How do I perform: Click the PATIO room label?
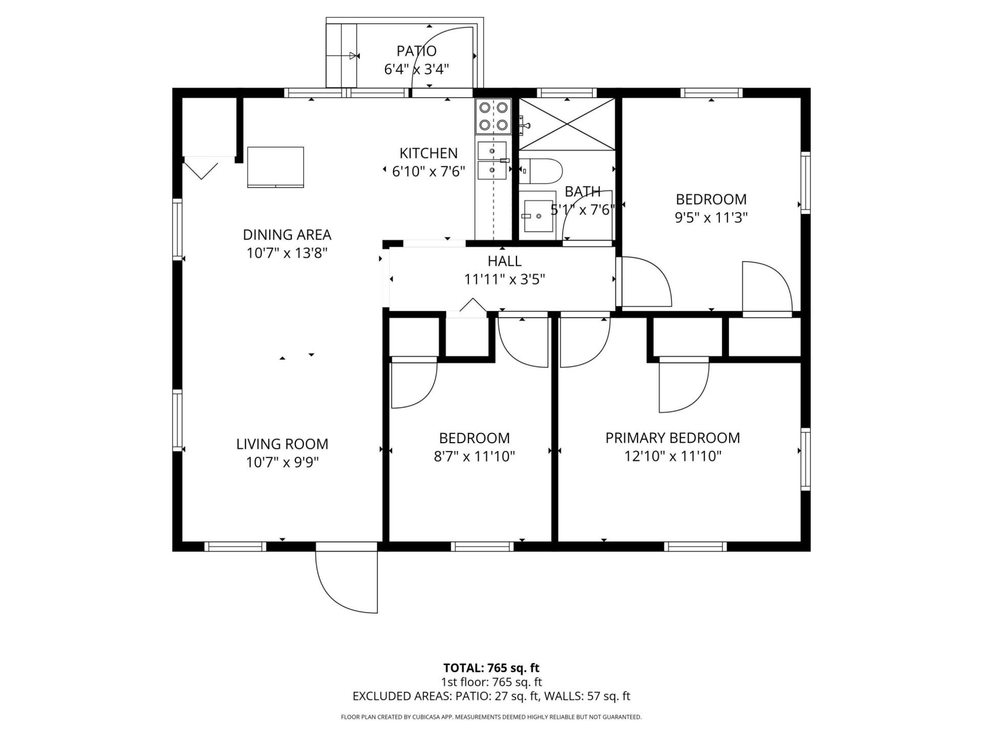416,51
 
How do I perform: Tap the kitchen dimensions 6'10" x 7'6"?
429,171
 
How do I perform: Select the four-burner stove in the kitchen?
494,116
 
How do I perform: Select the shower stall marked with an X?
567,124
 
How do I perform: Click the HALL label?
504,261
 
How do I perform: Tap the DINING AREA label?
287,235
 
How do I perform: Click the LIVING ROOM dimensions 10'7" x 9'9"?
282,463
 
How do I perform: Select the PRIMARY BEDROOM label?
672,438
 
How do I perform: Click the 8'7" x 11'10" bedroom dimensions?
474,457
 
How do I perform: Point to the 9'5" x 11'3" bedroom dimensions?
711,218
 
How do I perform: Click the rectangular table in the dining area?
275,167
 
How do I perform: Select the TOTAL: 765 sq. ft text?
491,668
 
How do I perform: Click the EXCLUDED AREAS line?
491,696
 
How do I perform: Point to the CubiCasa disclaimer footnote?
491,717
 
